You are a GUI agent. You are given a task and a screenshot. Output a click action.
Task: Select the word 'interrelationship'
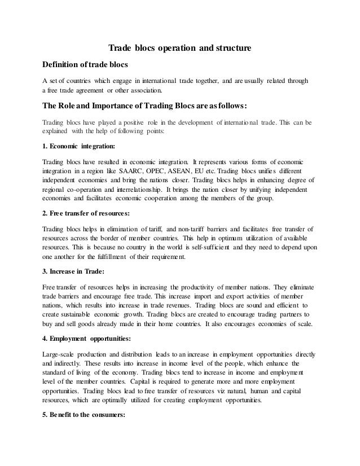coord(134,190)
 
